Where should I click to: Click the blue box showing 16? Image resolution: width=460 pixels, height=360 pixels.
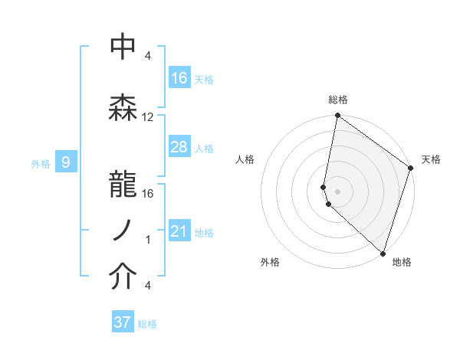click(179, 78)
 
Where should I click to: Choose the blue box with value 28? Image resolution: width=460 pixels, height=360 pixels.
click(179, 147)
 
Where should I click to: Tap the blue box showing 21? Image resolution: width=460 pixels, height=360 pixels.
click(179, 231)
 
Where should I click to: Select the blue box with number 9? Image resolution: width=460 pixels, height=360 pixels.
click(66, 162)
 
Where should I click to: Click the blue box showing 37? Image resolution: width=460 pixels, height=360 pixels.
click(123, 322)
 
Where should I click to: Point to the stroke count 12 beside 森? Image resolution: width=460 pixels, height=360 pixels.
click(148, 117)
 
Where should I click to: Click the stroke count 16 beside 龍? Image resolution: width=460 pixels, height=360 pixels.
click(148, 193)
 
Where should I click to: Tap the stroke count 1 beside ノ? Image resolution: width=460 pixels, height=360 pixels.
click(148, 240)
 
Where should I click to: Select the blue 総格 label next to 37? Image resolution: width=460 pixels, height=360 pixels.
click(147, 324)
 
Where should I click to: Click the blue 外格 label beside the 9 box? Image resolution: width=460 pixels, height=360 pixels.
click(41, 163)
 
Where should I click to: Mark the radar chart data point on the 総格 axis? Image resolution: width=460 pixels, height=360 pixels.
click(337, 116)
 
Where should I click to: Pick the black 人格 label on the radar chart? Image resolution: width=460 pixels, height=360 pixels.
click(245, 159)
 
